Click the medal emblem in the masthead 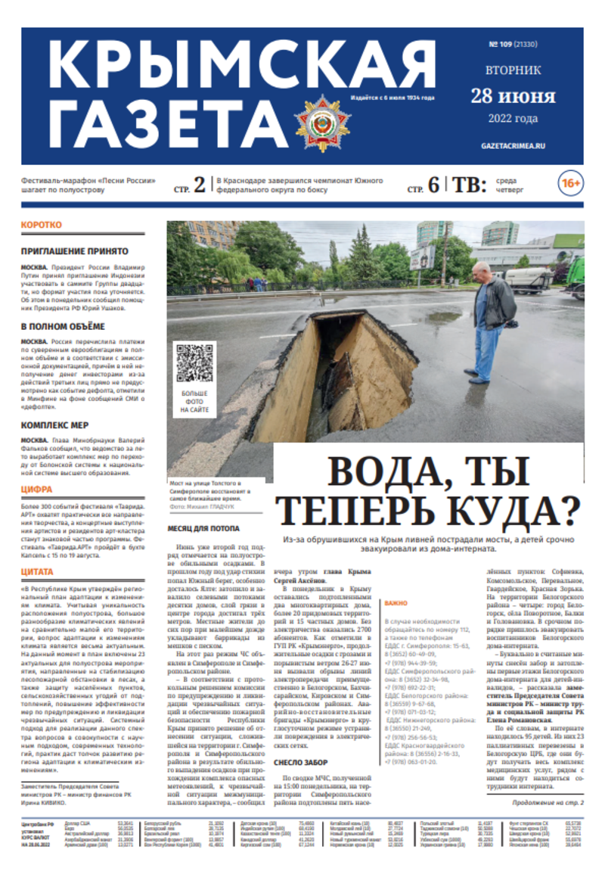click(x=323, y=123)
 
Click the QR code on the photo click(x=194, y=362)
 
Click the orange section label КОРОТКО click(x=42, y=226)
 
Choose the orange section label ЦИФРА click(x=37, y=490)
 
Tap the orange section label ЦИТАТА click(x=38, y=571)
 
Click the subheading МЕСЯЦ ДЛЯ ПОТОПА click(x=203, y=529)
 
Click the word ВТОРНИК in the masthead click(x=513, y=70)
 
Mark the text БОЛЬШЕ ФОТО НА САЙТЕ click(x=194, y=402)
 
